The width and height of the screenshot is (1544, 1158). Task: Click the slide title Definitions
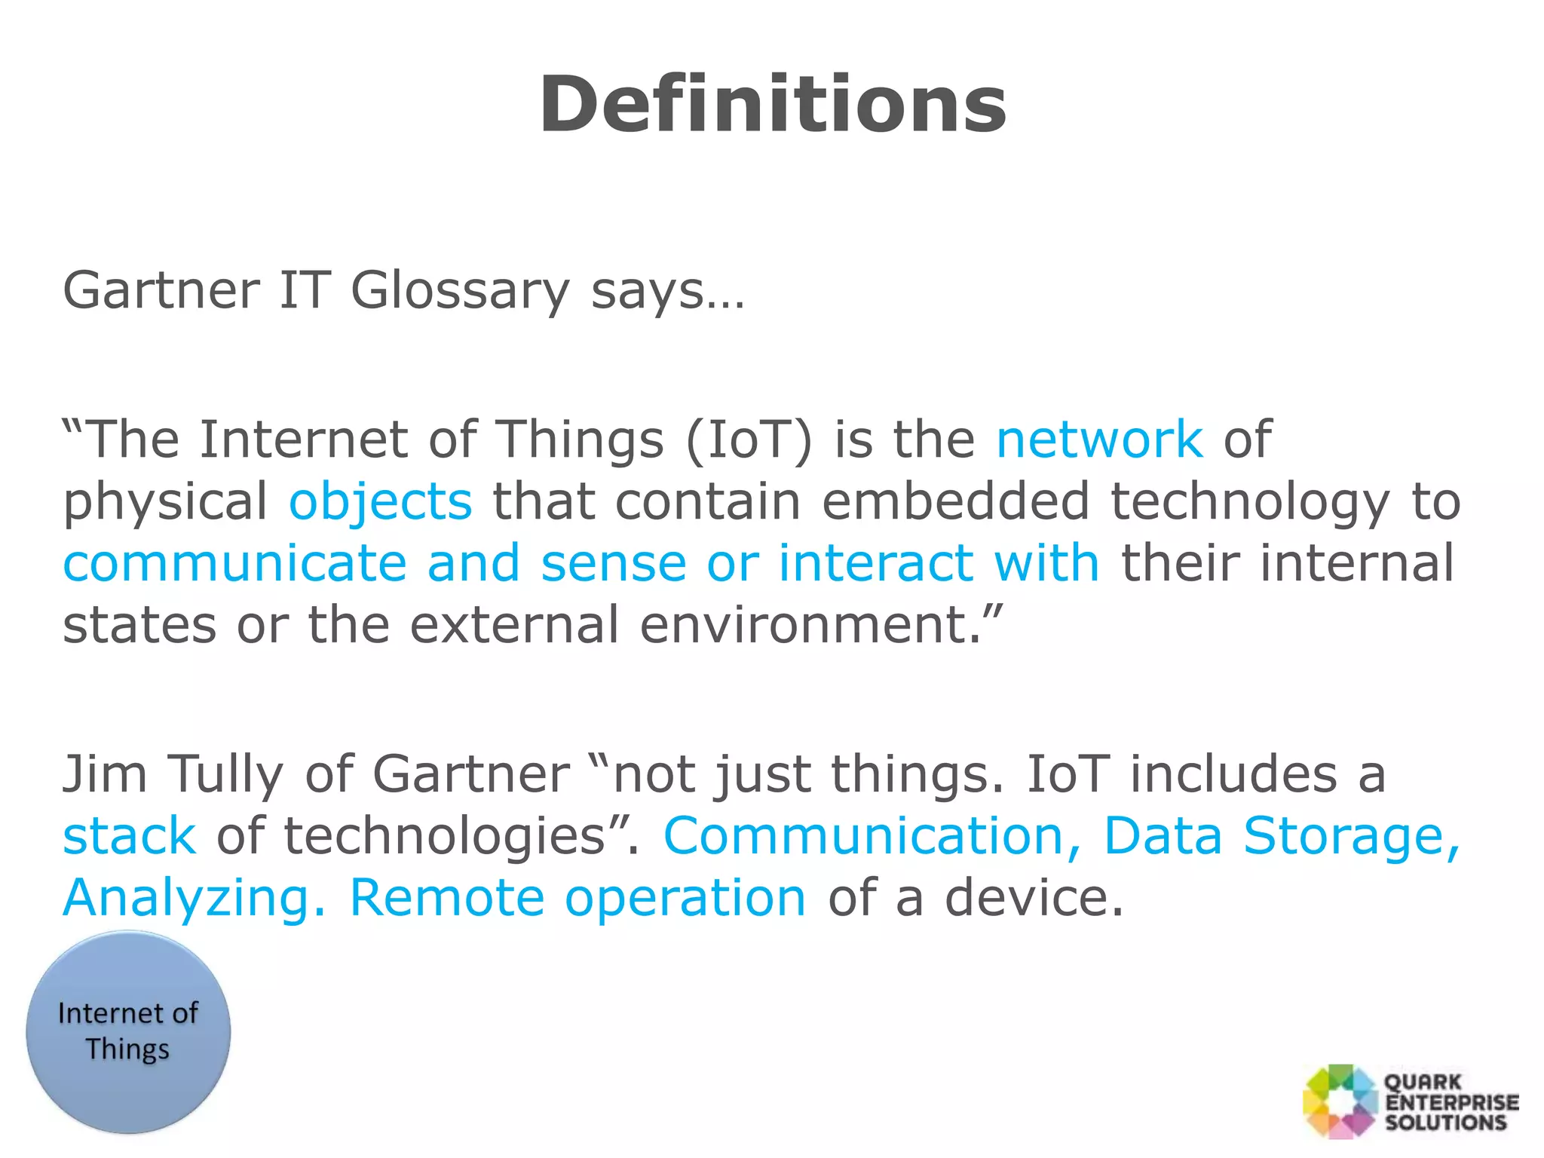pos(772,106)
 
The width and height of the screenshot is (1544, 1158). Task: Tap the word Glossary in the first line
pos(460,292)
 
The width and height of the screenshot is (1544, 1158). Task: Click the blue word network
pos(1099,440)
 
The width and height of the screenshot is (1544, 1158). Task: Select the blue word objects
pos(381,502)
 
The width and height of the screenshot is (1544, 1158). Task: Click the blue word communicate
pos(234,564)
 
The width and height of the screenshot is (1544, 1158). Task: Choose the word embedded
pos(955,502)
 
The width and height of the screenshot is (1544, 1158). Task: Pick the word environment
pos(811,626)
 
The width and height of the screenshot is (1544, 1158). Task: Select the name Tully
pos(225,775)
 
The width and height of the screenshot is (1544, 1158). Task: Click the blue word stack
pos(129,837)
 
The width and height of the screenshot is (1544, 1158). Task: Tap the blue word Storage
pos(1351,837)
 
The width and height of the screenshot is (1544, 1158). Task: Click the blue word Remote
pos(446,899)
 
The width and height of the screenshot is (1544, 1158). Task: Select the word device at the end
pos(1034,899)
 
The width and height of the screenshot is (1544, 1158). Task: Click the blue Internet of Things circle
pos(128,1031)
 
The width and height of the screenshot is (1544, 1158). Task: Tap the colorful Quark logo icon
pos(1340,1101)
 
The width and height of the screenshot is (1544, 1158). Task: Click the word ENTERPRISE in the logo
pos(1452,1102)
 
